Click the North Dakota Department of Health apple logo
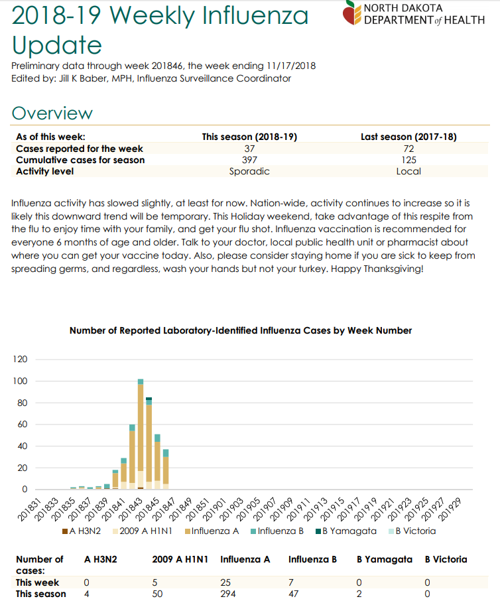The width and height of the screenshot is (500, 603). [x=351, y=13]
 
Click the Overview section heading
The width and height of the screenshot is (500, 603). [x=52, y=113]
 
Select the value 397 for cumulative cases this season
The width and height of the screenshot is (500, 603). [x=249, y=160]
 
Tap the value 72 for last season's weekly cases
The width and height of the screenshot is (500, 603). [x=408, y=149]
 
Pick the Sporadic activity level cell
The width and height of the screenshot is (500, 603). [x=249, y=172]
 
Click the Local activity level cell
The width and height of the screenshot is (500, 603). [x=408, y=172]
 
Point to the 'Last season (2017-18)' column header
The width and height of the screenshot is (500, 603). [x=408, y=137]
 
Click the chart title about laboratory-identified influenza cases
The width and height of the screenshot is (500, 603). [x=241, y=331]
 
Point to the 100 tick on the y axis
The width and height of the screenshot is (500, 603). [x=21, y=381]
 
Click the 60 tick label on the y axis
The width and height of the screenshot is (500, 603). [x=23, y=425]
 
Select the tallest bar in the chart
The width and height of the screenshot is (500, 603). [x=141, y=435]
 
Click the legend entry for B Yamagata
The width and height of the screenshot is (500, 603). [x=346, y=531]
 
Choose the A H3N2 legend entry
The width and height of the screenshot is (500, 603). [x=82, y=531]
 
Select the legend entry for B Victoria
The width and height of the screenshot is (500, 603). [x=412, y=531]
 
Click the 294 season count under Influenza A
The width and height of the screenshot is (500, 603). [x=228, y=594]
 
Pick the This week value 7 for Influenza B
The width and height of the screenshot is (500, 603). [x=291, y=582]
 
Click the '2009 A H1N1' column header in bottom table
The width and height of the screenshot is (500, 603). [x=180, y=559]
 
